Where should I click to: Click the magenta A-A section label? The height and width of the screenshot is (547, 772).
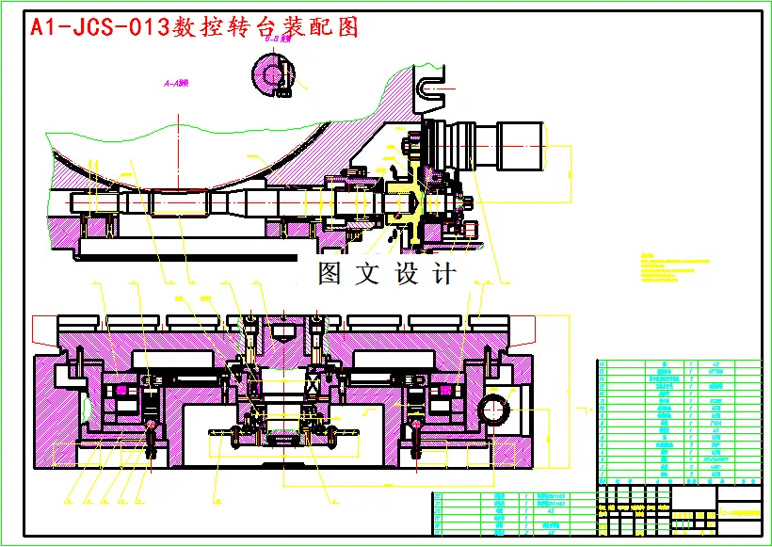click(x=176, y=84)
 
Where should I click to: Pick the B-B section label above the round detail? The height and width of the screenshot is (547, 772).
click(x=278, y=40)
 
